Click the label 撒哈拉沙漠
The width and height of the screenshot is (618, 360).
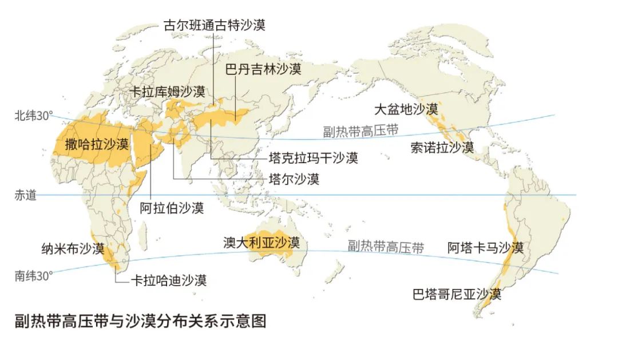click(97, 144)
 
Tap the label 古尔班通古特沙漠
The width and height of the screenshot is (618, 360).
click(215, 25)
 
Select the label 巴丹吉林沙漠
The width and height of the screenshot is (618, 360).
click(263, 69)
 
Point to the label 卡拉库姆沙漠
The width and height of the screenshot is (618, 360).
click(167, 92)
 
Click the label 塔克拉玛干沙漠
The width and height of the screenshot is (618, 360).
click(314, 157)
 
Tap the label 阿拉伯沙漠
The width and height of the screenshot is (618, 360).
click(172, 208)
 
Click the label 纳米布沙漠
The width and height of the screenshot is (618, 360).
click(73, 249)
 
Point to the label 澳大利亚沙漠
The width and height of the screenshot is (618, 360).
click(262, 242)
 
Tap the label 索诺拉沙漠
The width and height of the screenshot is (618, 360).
click(442, 148)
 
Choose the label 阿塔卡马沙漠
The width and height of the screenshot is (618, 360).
click(486, 248)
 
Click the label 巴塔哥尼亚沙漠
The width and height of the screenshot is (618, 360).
click(457, 294)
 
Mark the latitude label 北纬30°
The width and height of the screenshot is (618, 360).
click(33, 116)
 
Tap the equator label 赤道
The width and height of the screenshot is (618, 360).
click(25, 195)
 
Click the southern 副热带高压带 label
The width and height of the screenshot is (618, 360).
click(386, 247)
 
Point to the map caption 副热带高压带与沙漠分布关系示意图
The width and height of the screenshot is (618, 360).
click(141, 321)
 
